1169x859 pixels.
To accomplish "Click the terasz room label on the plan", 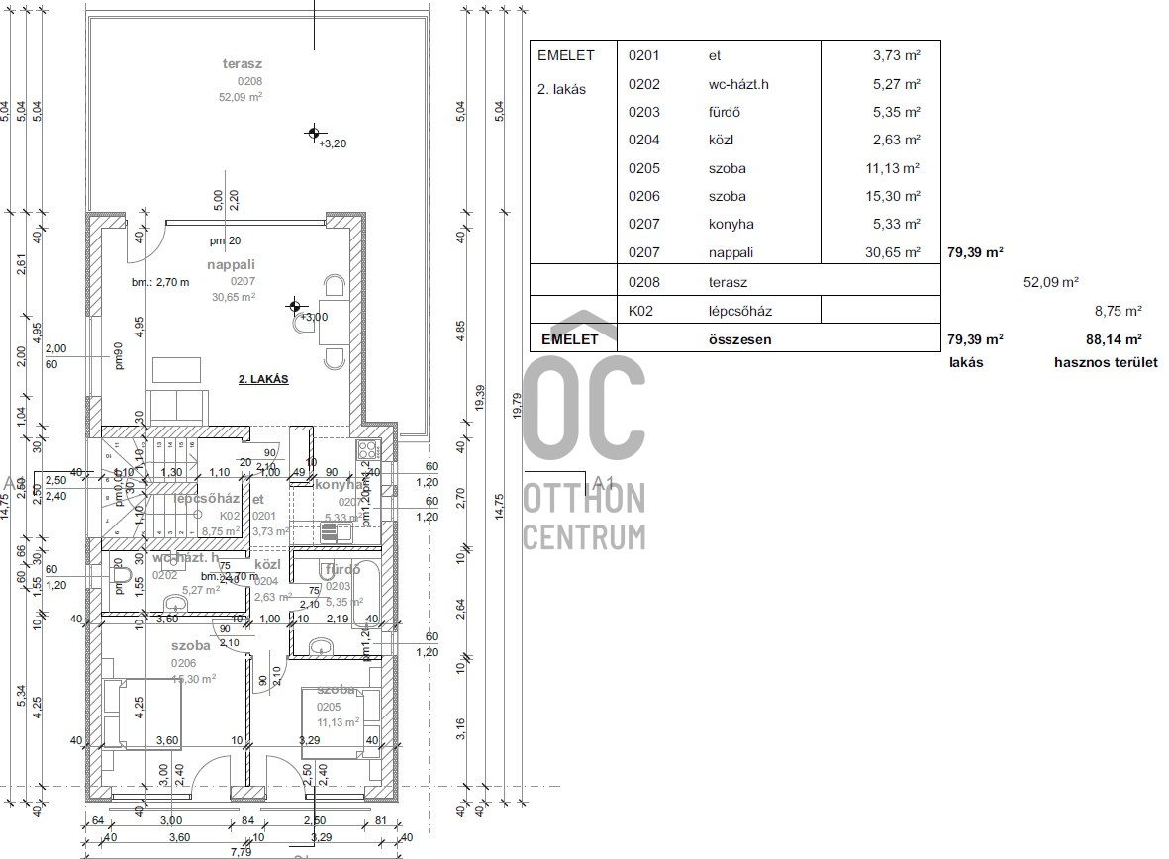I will [242, 64].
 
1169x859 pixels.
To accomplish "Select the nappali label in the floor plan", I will [232, 264].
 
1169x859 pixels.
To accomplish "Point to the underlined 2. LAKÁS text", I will [262, 379].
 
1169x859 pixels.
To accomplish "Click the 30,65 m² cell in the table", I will [893, 252].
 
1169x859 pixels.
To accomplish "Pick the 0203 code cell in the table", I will [643, 112].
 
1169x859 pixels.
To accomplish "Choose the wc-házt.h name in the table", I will [738, 84].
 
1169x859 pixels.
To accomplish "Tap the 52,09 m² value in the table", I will [1050, 282].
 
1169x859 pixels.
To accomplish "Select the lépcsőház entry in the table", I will [740, 311].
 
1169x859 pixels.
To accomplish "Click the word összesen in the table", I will [740, 339].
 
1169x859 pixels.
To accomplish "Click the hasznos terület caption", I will [1106, 362].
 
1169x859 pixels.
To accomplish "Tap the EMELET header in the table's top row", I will [566, 55].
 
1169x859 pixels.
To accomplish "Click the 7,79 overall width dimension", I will [241, 851].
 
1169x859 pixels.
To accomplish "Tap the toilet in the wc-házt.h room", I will [121, 575].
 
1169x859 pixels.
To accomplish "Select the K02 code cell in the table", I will [643, 311].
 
